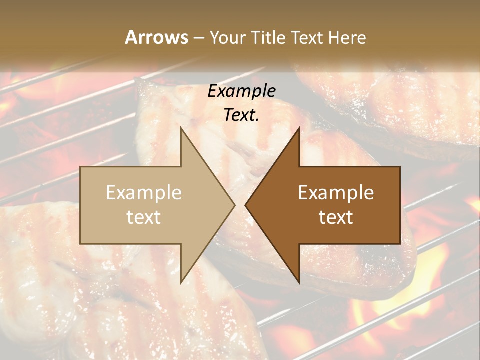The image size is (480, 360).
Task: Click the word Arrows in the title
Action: tap(157, 37)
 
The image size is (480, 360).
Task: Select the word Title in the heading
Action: tap(269, 38)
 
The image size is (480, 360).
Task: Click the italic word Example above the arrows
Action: tap(242, 91)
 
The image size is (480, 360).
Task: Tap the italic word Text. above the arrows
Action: tap(242, 115)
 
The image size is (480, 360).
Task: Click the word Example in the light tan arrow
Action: tap(144, 192)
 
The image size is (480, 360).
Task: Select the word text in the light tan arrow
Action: tap(144, 217)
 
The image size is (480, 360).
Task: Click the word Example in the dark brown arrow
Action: tap(336, 192)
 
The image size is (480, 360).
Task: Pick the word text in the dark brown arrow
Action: tap(336, 217)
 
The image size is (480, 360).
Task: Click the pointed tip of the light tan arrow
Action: tap(233, 205)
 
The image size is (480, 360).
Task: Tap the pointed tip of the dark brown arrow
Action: tap(246, 205)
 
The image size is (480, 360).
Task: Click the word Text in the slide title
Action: tap(306, 38)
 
